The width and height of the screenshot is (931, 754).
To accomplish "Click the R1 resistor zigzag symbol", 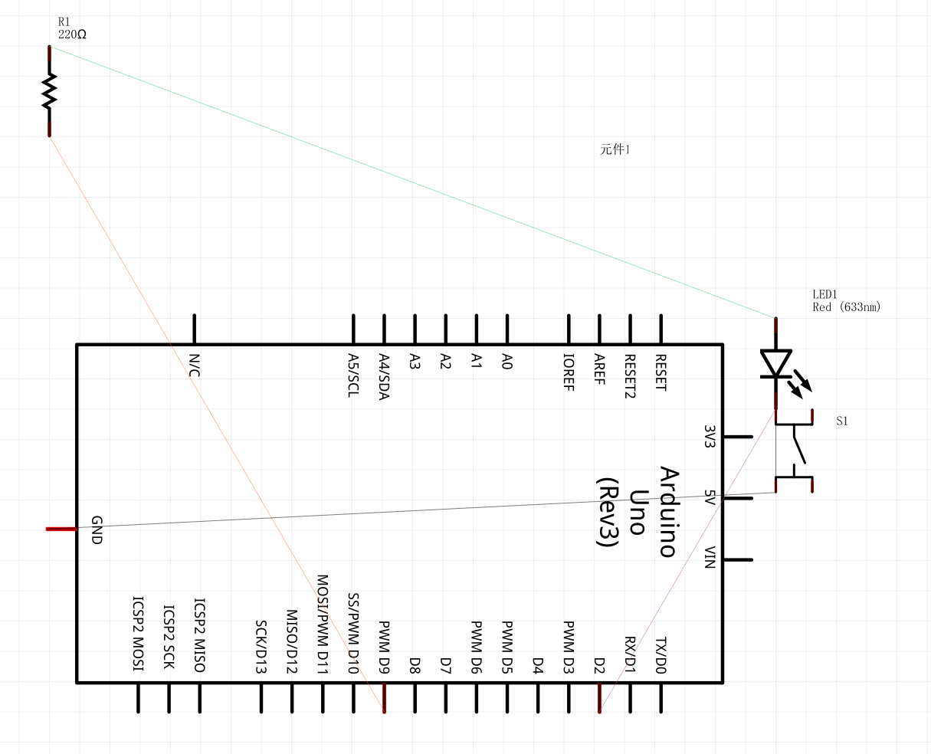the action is coord(50,90).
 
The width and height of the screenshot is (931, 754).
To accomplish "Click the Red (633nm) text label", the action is coord(847,307).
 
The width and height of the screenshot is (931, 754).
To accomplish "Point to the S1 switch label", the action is coord(842,421).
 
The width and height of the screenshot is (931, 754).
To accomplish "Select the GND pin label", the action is coord(97,529).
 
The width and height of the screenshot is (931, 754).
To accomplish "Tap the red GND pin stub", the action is coord(61,529).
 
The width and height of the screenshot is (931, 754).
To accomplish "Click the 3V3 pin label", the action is coord(710,437).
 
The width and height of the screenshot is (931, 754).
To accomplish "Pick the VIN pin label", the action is coord(710,558).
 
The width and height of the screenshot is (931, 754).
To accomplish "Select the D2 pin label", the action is coord(599,665).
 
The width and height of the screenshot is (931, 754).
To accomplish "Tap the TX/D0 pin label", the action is coord(661,655).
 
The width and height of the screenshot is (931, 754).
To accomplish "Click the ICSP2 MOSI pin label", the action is coord(139,634).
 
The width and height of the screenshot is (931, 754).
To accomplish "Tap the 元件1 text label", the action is coord(615,149).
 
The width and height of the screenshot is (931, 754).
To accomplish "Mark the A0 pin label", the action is coord(506,361).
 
